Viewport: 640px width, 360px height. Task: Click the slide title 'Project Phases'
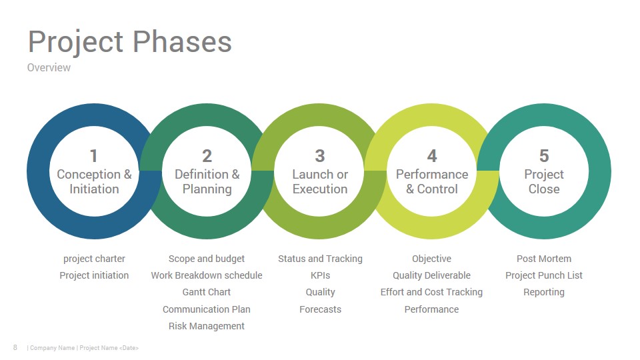tap(130, 42)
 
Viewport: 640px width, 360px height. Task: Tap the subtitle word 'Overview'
tap(49, 67)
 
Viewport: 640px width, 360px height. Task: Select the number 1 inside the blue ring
tap(94, 156)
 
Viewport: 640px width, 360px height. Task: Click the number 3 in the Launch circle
tap(320, 156)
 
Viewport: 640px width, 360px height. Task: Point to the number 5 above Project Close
tap(544, 156)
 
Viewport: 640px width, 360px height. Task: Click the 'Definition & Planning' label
tap(207, 181)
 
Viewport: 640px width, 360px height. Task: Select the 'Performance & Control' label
tap(432, 181)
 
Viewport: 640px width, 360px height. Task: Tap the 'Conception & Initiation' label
tap(94, 181)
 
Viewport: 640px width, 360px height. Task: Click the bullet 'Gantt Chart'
tap(207, 292)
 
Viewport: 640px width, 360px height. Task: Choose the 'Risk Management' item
tap(207, 326)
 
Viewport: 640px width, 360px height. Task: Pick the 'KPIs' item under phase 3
tap(321, 275)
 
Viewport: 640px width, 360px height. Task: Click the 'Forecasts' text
tap(321, 309)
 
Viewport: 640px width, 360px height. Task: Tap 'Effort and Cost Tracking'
tap(431, 292)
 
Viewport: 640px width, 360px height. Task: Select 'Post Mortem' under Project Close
tap(544, 259)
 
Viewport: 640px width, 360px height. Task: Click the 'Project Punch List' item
tap(544, 275)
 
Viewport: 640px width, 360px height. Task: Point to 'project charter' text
tap(94, 259)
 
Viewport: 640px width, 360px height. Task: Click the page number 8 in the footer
tap(15, 347)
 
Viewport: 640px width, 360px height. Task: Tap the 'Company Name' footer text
tap(52, 348)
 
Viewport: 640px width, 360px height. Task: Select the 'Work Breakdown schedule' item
tap(207, 275)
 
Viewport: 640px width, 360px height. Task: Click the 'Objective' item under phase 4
tap(431, 259)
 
